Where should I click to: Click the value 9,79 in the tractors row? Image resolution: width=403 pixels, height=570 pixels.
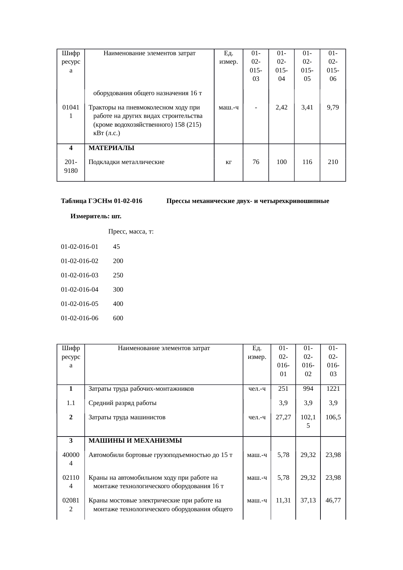click(x=333, y=108)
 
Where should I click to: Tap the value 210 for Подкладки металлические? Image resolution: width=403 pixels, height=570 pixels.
click(x=333, y=162)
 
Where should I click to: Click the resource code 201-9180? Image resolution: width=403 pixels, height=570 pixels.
click(x=71, y=166)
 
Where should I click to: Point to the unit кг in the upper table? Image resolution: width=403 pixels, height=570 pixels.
click(x=228, y=162)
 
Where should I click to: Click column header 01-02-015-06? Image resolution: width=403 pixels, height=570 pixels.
click(x=333, y=66)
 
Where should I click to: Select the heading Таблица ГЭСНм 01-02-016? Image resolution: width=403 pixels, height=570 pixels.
click(x=101, y=201)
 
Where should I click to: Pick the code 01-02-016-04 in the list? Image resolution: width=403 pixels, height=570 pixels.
click(x=80, y=289)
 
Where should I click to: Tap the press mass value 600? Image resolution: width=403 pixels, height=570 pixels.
click(x=118, y=318)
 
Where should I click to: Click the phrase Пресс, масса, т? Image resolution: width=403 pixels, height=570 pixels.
click(x=131, y=232)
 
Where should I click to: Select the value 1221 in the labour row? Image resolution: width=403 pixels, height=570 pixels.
click(x=333, y=389)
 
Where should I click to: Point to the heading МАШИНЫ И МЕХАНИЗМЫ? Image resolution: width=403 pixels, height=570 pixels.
click(x=135, y=441)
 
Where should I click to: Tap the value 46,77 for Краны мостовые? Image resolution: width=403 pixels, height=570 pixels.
click(x=333, y=500)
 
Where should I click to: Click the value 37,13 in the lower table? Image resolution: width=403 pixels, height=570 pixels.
click(x=308, y=500)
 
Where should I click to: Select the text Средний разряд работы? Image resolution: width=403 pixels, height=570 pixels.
click(x=123, y=403)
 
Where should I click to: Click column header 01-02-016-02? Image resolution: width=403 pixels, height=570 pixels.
click(x=308, y=361)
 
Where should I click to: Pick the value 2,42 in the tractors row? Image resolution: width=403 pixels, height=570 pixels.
click(x=281, y=108)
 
